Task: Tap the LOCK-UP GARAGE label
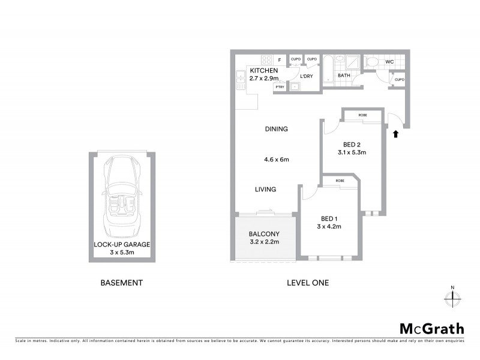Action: (x=122, y=244)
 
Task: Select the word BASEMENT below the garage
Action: (x=122, y=283)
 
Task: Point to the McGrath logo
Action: (x=432, y=328)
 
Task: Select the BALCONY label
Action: (x=264, y=233)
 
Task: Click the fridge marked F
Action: (x=280, y=60)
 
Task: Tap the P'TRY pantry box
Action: (x=279, y=87)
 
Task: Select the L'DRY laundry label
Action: (x=306, y=76)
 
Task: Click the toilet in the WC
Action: (x=372, y=61)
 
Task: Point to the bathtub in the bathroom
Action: (x=329, y=68)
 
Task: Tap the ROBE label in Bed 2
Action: (x=362, y=115)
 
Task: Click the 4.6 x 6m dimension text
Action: (x=277, y=160)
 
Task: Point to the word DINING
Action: (x=277, y=129)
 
